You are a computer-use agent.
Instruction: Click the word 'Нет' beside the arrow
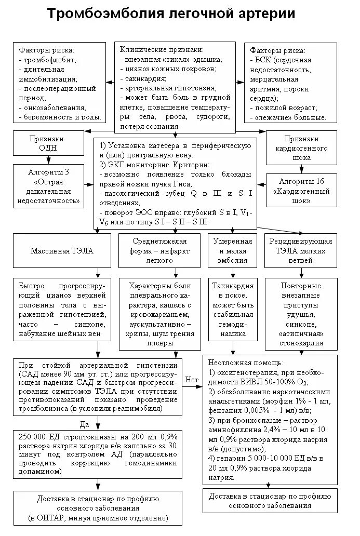192,380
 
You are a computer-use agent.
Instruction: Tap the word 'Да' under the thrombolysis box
85,424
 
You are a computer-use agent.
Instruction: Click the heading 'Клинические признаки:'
154,50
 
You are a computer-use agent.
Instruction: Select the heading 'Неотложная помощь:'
246,362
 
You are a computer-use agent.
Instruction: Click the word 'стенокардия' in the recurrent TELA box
301,343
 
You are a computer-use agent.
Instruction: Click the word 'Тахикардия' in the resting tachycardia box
232,286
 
